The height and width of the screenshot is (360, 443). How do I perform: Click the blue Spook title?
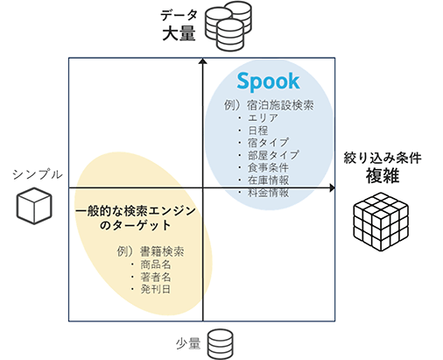coord(268,81)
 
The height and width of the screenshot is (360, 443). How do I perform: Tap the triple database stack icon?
coord(229,25)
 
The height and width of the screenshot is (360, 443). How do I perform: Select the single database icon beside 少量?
coord(221,344)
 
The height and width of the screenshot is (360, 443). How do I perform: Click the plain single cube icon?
coord(34,206)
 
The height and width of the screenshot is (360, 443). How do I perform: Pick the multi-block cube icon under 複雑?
coord(381,222)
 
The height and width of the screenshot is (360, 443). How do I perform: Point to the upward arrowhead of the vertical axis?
coord(203,61)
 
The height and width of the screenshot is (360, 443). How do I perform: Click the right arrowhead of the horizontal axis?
coord(332,188)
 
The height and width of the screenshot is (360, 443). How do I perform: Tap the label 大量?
coord(179,33)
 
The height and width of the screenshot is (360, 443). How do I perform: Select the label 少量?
coord(188,343)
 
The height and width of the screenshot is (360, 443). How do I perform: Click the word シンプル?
coord(38,174)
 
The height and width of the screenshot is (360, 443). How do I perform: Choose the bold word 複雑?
coord(383,176)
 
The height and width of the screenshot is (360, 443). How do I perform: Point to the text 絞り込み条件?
coord(383,158)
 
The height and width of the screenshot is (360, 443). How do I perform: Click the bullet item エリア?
coord(263,117)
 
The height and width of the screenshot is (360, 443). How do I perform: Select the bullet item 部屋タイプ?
coord(273,155)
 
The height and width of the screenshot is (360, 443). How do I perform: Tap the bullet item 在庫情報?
coord(268,180)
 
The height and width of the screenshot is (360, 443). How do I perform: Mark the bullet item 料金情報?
coord(268,193)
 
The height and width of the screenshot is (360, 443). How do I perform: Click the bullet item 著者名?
coord(156,277)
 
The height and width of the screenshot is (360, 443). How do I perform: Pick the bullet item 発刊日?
coord(156,289)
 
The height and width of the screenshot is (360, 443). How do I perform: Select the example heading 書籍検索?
coord(162,251)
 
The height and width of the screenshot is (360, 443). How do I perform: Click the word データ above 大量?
coord(179,15)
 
